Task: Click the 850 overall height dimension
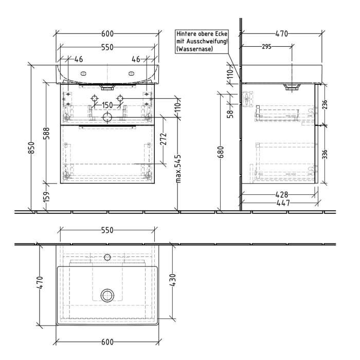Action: pos(31,150)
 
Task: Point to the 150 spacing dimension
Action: pos(107,105)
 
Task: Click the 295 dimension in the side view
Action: pos(266,46)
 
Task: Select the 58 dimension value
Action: pos(230,111)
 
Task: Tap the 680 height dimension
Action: pos(221,153)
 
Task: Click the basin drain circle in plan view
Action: pos(107,295)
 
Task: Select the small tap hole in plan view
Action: pos(107,256)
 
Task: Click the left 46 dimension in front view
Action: pos(78,59)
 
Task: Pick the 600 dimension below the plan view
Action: pos(107,341)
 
